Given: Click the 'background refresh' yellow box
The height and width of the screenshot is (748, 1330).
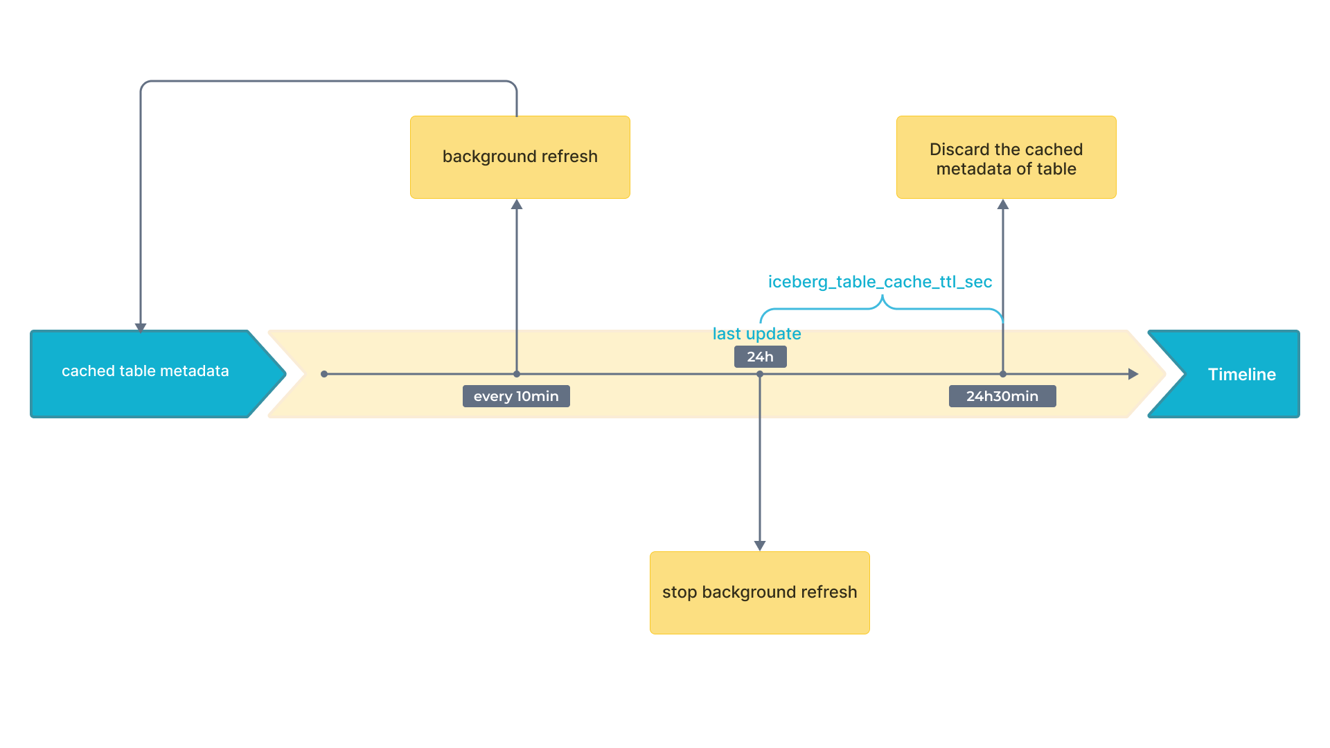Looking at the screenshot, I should pos(520,157).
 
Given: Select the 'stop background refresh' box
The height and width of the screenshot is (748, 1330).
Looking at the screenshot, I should pos(759,592).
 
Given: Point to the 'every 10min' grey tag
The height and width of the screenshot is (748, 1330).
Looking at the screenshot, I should pos(516,396).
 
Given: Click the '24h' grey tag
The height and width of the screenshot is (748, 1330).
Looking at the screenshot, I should pos(760,357).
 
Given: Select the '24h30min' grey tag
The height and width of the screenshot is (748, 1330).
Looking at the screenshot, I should pos(1002,396).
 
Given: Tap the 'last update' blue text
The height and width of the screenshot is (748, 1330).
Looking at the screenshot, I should pos(756,334).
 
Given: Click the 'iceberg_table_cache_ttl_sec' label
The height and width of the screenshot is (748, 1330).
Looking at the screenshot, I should pos(880,282).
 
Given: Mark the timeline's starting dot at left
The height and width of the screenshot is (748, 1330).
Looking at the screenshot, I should pos(324,374).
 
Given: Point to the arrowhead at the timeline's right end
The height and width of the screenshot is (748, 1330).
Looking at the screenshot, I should pos(1133,374).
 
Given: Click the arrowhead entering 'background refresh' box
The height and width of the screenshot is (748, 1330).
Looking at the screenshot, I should pos(517,204).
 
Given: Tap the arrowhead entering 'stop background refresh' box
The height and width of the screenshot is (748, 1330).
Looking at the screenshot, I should pos(760,546).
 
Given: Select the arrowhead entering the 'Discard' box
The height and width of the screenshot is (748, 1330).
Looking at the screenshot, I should pos(1003,204).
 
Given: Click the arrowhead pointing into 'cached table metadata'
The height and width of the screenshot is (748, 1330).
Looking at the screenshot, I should pos(141,328).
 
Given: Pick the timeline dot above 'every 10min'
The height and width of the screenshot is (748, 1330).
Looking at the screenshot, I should pos(517,374).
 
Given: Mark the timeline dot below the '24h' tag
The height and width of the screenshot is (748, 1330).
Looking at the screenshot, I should pos(760,374).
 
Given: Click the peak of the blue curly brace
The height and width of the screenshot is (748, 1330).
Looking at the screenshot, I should pos(882,298).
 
